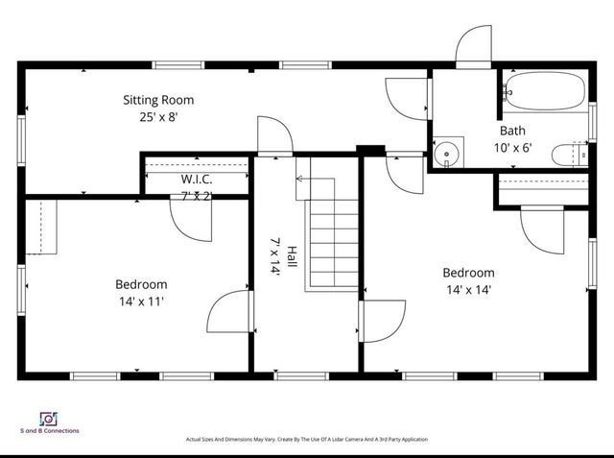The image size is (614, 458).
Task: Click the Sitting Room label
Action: click(158, 100)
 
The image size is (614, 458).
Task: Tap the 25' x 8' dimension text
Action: click(158, 117)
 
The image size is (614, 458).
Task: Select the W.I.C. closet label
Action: click(197, 180)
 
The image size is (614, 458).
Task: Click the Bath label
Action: click(512, 131)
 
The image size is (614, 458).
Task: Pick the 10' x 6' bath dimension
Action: click(512, 148)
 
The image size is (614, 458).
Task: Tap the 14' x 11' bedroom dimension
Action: click(141, 301)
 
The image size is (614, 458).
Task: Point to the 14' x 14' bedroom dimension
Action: click(469, 290)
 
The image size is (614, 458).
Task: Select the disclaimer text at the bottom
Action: click(306, 440)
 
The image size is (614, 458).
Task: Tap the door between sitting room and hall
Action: click(273, 135)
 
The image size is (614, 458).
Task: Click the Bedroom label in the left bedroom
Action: click(141, 284)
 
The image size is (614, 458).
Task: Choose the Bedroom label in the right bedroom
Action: click(469, 273)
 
